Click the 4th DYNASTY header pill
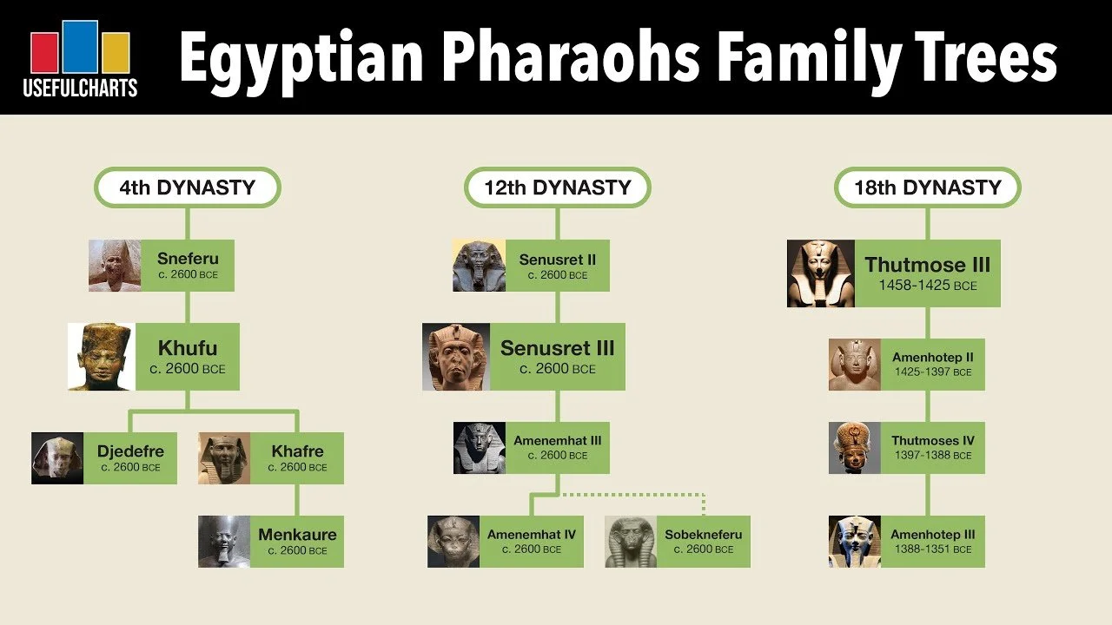[x=187, y=187]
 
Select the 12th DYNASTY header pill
[x=557, y=187]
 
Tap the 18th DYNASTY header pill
[x=927, y=187]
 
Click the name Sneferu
[x=188, y=259]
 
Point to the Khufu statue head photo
[x=102, y=357]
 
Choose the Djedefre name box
[x=130, y=458]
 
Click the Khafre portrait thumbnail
[x=224, y=458]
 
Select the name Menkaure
[x=297, y=535]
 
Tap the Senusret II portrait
[x=479, y=266]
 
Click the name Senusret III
[x=557, y=348]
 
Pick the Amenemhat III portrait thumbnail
[x=480, y=448]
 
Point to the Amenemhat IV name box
[x=531, y=542]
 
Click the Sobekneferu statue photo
[x=631, y=542]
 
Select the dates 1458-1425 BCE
[x=927, y=285]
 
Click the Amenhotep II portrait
[x=855, y=365]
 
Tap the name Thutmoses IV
[x=933, y=441]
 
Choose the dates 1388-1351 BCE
[x=933, y=549]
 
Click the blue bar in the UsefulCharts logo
[x=79, y=48]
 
